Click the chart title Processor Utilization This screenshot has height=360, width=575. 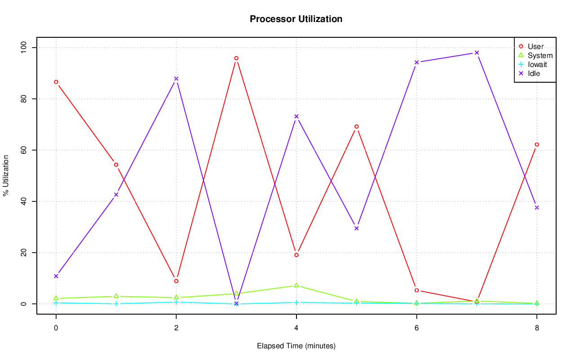tap(296, 19)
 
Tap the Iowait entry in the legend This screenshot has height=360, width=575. tap(537, 64)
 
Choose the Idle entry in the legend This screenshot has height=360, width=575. tap(534, 73)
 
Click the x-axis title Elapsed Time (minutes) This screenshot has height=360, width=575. tap(296, 346)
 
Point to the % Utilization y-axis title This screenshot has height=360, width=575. tap(6, 176)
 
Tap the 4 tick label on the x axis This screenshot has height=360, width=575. tap(296, 328)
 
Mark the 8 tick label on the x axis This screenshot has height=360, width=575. tap(536, 328)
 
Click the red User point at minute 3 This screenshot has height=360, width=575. tap(236, 58)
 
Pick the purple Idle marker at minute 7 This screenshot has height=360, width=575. tap(477, 53)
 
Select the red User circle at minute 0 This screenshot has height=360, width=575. tap(56, 82)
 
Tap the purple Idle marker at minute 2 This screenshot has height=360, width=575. tap(176, 79)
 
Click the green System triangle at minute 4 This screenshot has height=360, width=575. tap(296, 285)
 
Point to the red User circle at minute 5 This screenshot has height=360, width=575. tap(356, 126)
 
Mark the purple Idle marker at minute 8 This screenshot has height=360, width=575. tap(536, 208)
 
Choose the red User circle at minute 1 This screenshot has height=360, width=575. tap(116, 164)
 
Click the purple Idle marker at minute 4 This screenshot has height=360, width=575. tap(296, 116)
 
